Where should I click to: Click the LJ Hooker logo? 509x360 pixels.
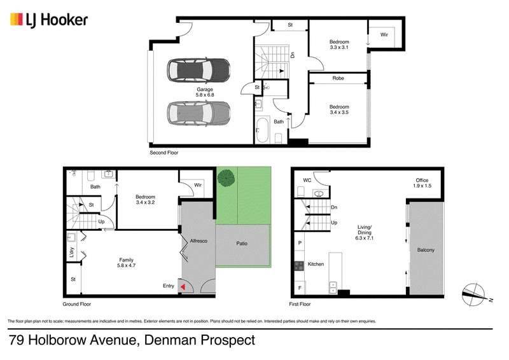pos(49,20)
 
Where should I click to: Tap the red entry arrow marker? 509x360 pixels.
pos(183,287)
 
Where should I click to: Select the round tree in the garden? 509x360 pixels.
pos(226,177)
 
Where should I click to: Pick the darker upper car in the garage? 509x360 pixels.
pos(199,71)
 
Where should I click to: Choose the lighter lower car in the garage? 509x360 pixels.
pos(199,113)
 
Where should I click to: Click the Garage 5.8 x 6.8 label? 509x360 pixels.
pos(205,92)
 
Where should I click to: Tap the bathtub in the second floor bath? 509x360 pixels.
pos(261,130)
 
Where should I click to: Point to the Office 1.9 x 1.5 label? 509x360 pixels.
pos(422,183)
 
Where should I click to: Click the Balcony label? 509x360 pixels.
pos(426,250)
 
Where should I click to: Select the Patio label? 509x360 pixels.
pos(242,244)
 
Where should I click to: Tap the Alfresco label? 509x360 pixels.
pos(199,241)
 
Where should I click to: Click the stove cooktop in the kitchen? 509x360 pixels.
pos(299,266)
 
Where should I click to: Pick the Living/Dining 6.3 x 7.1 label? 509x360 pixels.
pos(365,232)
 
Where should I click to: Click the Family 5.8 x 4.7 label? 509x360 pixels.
pos(126,263)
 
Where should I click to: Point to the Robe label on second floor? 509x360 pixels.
pos(338,78)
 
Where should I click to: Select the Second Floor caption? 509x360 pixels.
pos(164,153)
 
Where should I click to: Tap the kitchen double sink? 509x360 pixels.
pos(333,287)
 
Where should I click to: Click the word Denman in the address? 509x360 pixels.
pos(171,340)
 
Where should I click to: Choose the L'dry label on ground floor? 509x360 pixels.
pos(72,253)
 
